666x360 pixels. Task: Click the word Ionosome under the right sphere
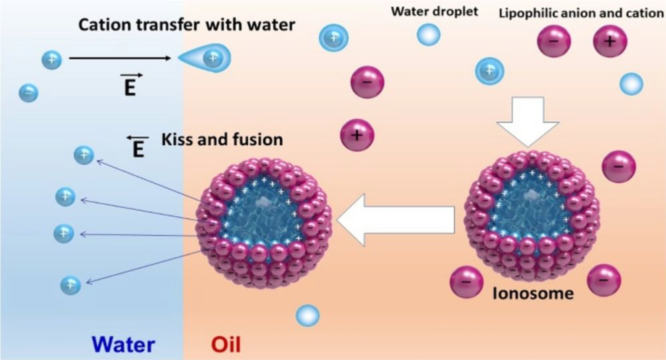pyautogui.click(x=533, y=293)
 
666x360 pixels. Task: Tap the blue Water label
pyautogui.click(x=124, y=345)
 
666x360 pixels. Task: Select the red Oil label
pyautogui.click(x=226, y=345)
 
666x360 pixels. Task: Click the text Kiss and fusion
pyautogui.click(x=222, y=139)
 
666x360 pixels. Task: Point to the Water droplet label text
pyautogui.click(x=434, y=11)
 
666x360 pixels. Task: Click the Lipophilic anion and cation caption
pyautogui.click(x=581, y=13)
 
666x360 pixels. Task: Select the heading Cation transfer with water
pyautogui.click(x=186, y=25)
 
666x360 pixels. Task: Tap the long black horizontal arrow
pyautogui.click(x=120, y=58)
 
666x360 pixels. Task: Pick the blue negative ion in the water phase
pyautogui.click(x=28, y=93)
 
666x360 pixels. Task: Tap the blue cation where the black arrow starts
pyautogui.click(x=51, y=60)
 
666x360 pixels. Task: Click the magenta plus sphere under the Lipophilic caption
pyautogui.click(x=610, y=41)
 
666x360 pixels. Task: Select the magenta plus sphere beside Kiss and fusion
pyautogui.click(x=357, y=135)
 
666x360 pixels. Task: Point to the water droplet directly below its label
pyautogui.click(x=428, y=34)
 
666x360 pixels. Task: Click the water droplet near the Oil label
pyautogui.click(x=307, y=316)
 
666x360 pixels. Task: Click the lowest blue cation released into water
pyautogui.click(x=70, y=285)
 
